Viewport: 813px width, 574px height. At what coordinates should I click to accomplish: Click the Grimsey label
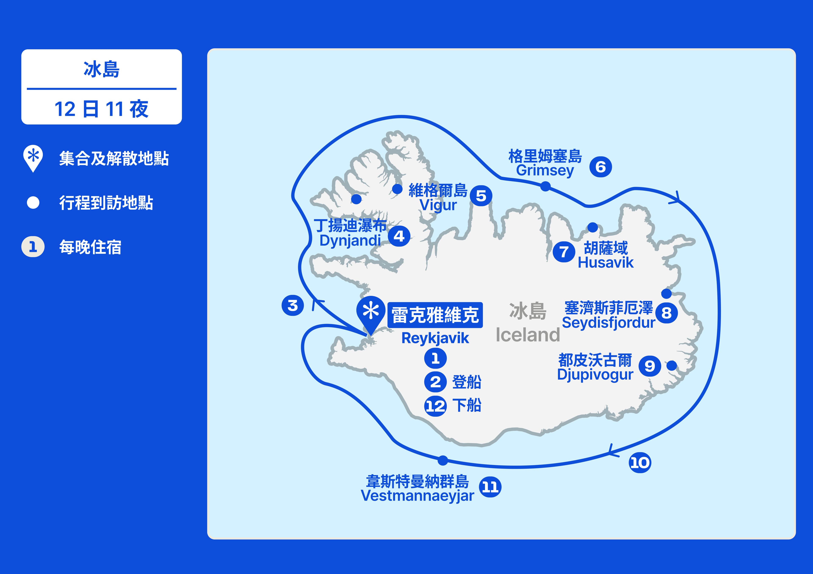click(545, 170)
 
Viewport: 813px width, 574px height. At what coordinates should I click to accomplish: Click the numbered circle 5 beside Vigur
click(481, 196)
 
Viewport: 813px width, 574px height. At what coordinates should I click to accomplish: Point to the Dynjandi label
click(350, 240)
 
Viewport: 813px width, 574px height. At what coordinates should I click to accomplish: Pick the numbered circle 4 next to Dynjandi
click(399, 236)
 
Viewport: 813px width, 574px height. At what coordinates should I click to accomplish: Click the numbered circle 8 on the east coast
click(666, 313)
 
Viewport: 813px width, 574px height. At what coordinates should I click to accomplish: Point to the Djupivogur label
click(595, 375)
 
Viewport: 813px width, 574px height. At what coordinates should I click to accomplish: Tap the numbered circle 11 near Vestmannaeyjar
click(490, 487)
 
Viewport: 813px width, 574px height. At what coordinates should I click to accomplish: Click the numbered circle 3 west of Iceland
click(292, 306)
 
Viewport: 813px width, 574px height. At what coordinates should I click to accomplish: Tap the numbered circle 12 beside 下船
click(436, 406)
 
